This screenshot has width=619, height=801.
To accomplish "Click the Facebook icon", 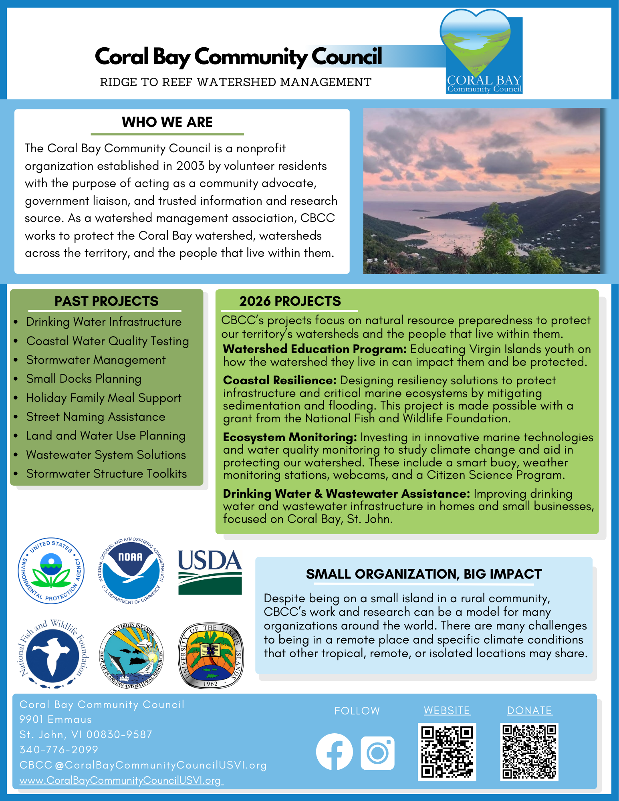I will pos(334,752).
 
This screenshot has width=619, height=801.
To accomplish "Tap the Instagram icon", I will pos(377,753).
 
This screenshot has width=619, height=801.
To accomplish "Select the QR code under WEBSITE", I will pos(447,752).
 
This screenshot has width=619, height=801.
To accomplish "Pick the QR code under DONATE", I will pos(529,752).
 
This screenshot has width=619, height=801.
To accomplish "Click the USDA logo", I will pos(210,571).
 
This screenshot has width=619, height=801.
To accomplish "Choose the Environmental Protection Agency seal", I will pos(51,571).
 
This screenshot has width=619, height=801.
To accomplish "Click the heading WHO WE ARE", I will pos(167,122).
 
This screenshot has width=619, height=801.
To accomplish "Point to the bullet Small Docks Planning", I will pos(84,379).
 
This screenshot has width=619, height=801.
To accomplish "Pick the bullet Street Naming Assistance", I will pos(96,417).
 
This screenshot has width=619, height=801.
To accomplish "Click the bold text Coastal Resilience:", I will pos(280,380).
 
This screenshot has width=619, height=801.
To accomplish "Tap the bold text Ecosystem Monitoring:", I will pos(290,437).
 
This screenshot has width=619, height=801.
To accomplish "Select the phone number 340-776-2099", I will pos(59,749).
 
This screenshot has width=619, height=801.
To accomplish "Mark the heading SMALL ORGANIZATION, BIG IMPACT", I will pos(423,574).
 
